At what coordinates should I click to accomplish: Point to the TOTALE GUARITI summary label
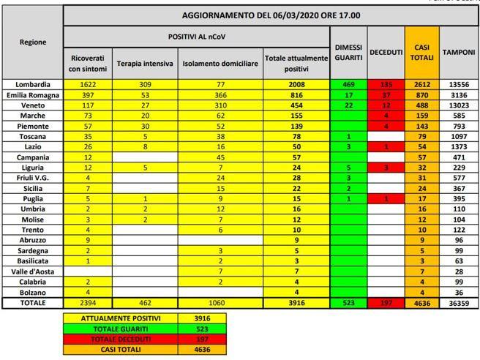coord(119,329)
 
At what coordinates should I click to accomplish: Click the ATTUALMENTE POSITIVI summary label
coord(119,318)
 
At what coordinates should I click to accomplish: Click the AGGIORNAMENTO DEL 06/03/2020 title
coord(270,15)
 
